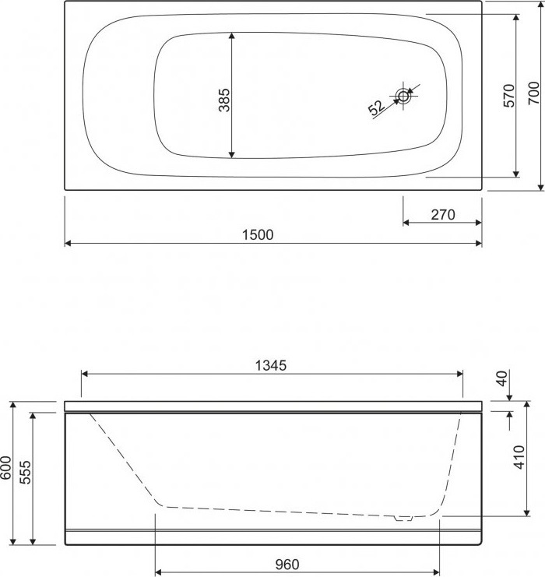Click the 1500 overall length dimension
[x=258, y=235]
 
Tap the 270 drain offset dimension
[x=443, y=215]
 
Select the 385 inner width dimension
[x=224, y=100]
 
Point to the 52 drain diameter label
[x=377, y=108]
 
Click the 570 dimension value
[x=509, y=96]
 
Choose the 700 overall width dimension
[x=534, y=93]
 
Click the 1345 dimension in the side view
[x=270, y=365]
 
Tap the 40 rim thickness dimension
[x=502, y=378]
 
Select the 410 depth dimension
[x=519, y=457]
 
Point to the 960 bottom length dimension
[x=287, y=564]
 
